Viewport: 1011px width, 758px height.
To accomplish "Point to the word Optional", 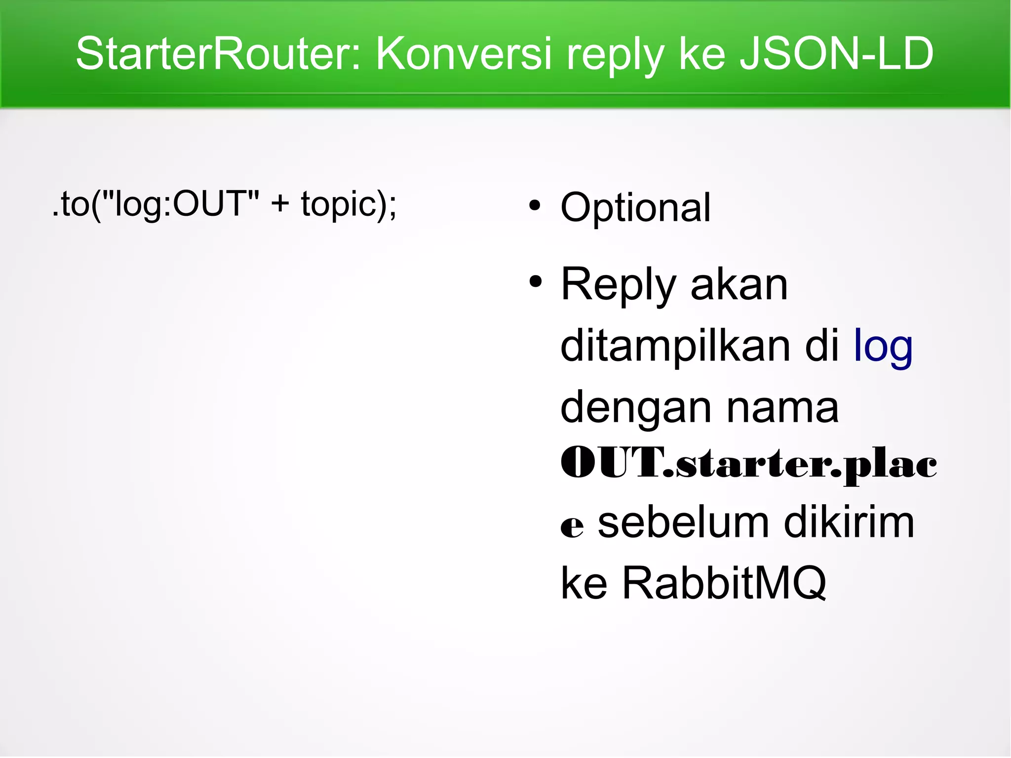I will (x=635, y=207).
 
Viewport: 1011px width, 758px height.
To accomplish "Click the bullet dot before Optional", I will (x=535, y=205).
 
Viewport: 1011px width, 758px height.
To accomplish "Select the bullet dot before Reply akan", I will (x=535, y=282).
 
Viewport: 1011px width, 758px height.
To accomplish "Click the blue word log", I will (x=883, y=347).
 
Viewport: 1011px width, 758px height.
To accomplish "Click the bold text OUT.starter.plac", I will (x=748, y=464).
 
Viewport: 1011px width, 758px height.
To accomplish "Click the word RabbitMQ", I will (x=724, y=583).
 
